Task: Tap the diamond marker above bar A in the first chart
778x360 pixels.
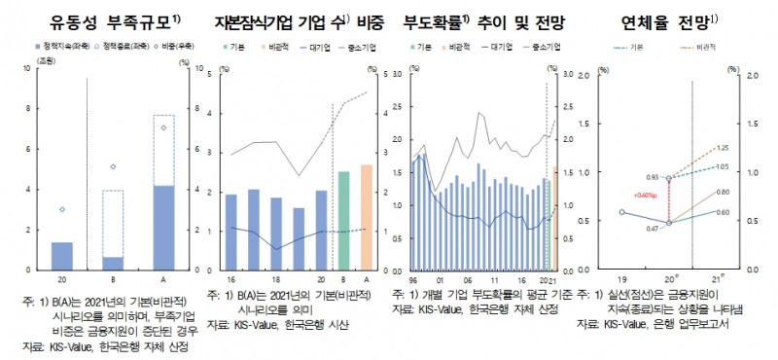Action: click(x=163, y=127)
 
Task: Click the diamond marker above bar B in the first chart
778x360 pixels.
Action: click(x=113, y=167)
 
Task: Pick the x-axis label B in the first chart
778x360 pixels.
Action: click(x=113, y=277)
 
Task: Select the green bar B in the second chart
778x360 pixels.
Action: click(x=343, y=220)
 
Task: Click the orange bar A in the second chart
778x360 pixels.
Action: click(x=366, y=217)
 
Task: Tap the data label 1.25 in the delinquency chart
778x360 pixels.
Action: click(x=721, y=148)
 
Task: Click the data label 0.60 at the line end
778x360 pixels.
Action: click(x=721, y=211)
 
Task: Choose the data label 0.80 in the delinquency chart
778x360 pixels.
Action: click(x=721, y=193)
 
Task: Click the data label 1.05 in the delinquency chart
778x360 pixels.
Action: click(x=721, y=166)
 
